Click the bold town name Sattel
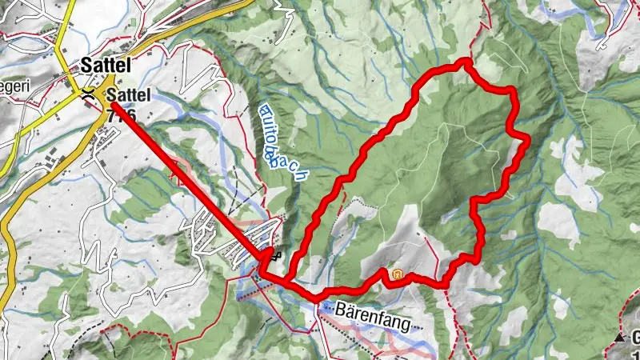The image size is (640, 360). point(106,65)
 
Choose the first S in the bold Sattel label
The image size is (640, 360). point(86,65)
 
